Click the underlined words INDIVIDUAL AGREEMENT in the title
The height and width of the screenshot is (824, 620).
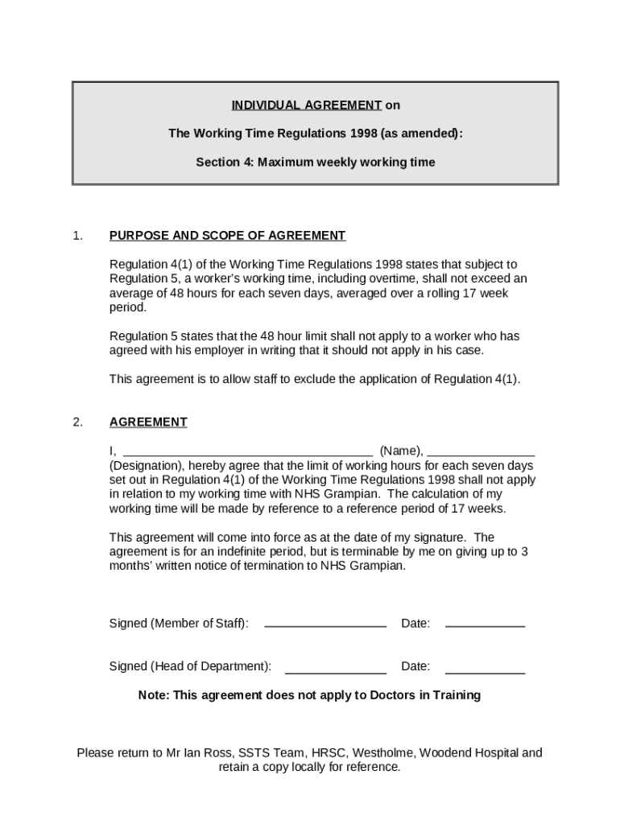point(306,105)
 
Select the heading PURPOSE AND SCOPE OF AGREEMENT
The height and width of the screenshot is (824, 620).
point(227,236)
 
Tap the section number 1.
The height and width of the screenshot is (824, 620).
point(77,236)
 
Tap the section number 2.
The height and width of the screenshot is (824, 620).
point(77,422)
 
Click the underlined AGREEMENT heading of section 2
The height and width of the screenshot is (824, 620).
point(148,422)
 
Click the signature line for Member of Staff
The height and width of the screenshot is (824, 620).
point(324,624)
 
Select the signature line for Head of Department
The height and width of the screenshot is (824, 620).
point(335,670)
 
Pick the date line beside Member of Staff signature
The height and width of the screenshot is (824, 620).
point(485,624)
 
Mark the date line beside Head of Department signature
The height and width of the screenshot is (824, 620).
point(485,670)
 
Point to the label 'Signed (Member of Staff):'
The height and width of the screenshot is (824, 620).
point(179,624)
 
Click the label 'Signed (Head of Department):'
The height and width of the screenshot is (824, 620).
point(190,666)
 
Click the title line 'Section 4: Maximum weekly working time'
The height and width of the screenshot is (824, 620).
point(315,163)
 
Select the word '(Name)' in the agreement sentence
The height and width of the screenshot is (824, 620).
point(400,451)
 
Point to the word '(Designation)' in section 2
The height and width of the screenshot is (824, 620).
point(146,466)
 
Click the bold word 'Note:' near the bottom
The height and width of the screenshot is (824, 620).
point(155,695)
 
